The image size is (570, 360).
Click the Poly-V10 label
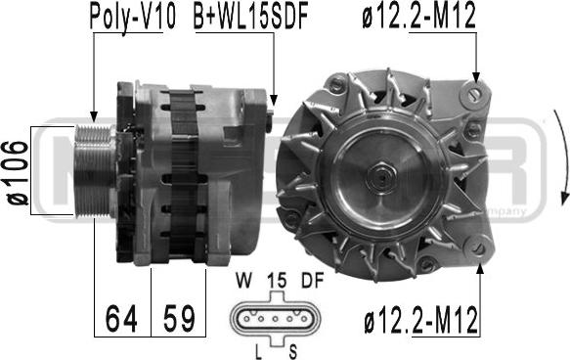[133, 18]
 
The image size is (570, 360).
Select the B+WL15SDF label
[251, 17]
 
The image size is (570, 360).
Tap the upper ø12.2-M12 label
[418, 16]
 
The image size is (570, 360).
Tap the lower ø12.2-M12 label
[421, 320]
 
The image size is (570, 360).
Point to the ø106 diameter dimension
[17, 172]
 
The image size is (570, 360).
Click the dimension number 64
[121, 319]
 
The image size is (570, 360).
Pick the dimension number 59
[179, 319]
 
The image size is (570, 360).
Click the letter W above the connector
[243, 281]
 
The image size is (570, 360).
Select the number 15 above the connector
[277, 281]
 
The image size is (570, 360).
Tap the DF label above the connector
[312, 281]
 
